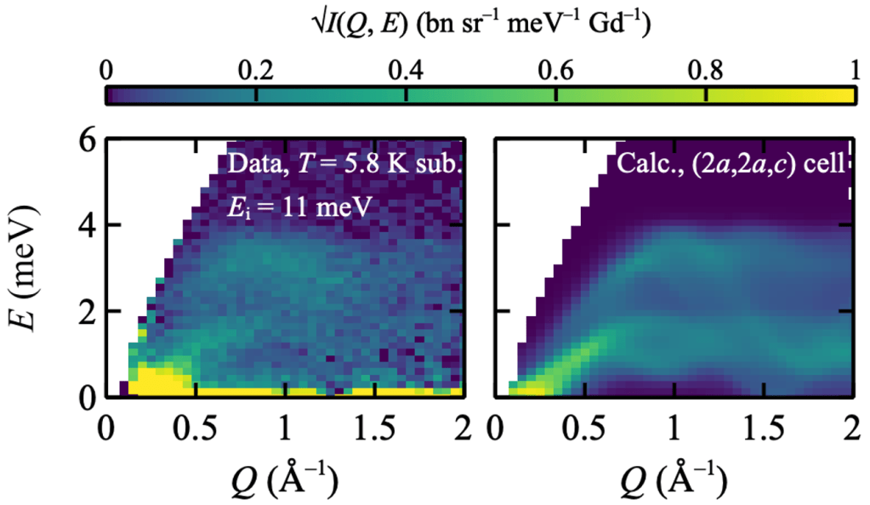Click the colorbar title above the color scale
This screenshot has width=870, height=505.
[480, 26]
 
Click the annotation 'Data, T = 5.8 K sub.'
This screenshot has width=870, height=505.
[344, 164]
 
